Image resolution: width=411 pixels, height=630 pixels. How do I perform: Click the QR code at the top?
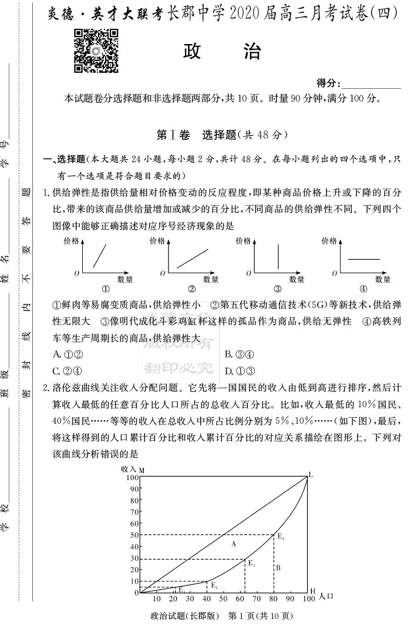click(x=96, y=51)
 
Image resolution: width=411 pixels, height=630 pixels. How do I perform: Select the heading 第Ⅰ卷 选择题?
click(x=222, y=135)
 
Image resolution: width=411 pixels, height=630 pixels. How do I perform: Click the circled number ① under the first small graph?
click(x=106, y=289)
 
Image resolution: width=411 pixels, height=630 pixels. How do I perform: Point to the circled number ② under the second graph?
click(x=191, y=289)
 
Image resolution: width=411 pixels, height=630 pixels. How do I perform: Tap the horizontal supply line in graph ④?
click(x=364, y=259)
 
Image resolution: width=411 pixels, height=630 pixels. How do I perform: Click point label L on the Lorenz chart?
click(x=311, y=474)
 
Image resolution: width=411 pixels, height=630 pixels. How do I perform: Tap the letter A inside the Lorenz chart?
click(x=233, y=544)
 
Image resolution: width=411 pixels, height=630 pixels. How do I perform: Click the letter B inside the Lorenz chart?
click(x=278, y=567)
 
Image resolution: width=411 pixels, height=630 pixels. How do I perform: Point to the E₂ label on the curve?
click(x=214, y=585)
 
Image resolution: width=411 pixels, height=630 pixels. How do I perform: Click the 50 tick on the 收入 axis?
click(x=134, y=535)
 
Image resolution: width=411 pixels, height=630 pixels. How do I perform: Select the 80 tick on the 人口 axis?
click(x=274, y=599)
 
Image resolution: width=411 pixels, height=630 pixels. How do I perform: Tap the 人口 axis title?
click(x=326, y=597)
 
